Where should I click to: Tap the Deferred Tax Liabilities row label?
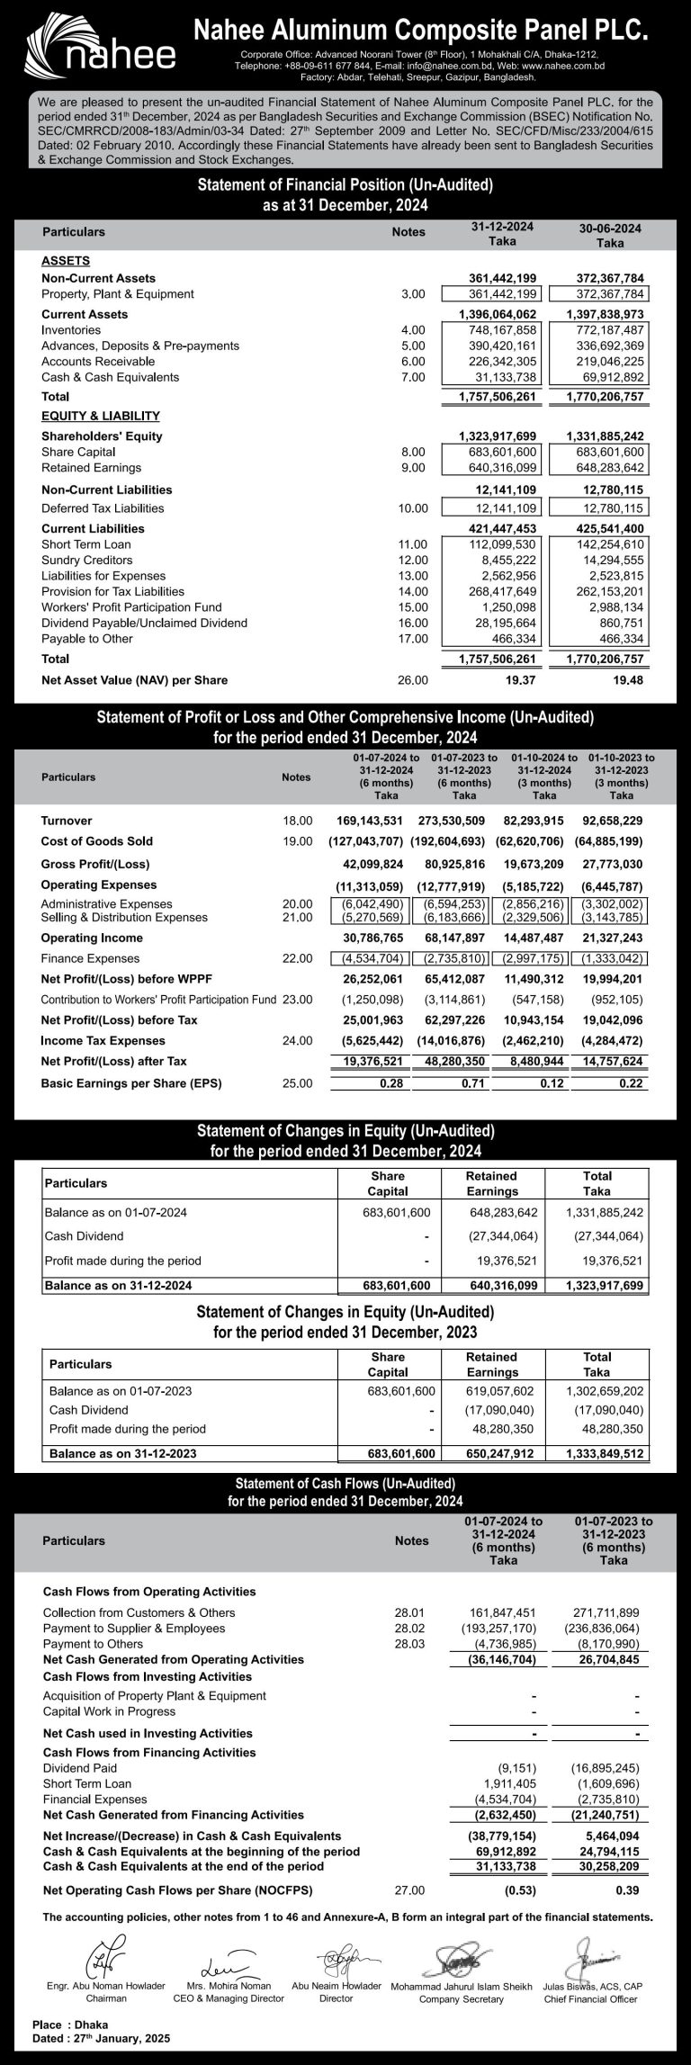pos(103,508)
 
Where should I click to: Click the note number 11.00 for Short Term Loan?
pos(412,544)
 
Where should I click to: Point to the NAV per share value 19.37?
pos(521,680)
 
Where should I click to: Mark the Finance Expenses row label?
pos(90,958)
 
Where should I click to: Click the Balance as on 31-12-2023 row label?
pos(122,1453)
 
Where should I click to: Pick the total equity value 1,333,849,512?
pos(605,1453)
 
